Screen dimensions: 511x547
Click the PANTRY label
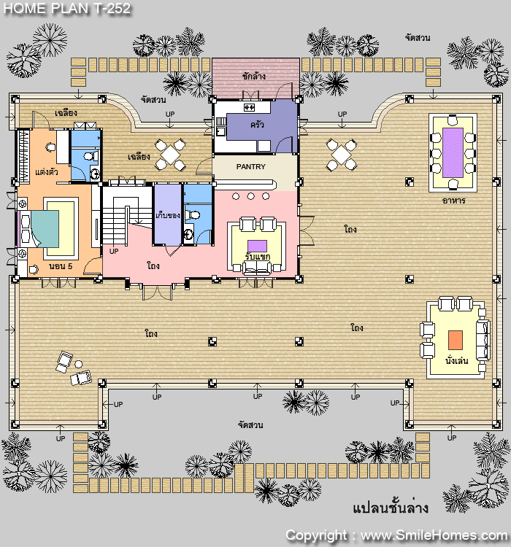(251, 167)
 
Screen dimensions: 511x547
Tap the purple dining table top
(453, 153)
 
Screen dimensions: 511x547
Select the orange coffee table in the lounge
(456, 340)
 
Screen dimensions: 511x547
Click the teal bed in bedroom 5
(45, 229)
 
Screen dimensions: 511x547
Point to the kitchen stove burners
(249, 107)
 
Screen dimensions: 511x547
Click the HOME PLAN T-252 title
(67, 8)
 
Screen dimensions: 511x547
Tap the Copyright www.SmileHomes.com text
(396, 535)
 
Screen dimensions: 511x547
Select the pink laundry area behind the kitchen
(255, 77)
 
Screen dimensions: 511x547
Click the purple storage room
(168, 214)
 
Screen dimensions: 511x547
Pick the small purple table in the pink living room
(257, 246)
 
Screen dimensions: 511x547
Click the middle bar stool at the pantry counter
(251, 196)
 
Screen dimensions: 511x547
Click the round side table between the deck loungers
(79, 364)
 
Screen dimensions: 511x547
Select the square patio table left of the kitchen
(170, 155)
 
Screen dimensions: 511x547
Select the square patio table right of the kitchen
(341, 155)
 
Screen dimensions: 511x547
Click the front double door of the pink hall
(157, 292)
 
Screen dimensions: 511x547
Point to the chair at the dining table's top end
(453, 120)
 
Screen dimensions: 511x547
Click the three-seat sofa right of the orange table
(483, 340)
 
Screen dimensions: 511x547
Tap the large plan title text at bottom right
(390, 508)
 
